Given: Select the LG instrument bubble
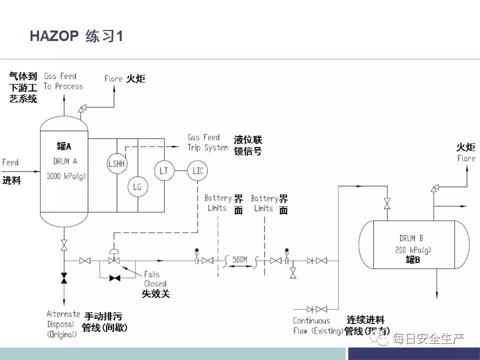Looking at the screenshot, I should pos(137,186).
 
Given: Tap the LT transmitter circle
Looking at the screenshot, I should pos(163,171).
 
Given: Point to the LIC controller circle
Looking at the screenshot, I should pos(197,171).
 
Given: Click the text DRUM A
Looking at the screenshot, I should pos(65,161).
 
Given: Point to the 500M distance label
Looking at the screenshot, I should pos(240,259).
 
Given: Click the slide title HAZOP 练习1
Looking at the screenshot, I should pos(76,36).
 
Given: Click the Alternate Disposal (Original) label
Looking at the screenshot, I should pos(63,324).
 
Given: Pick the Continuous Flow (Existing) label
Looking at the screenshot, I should pos(317,326).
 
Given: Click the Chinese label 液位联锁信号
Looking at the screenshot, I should pos(248,145).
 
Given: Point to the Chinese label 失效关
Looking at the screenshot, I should pos(156,294).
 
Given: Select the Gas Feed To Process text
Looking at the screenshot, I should pos(63,81).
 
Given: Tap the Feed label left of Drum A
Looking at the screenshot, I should pos(10,162).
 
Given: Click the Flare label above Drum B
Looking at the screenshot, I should pos(466,158).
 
